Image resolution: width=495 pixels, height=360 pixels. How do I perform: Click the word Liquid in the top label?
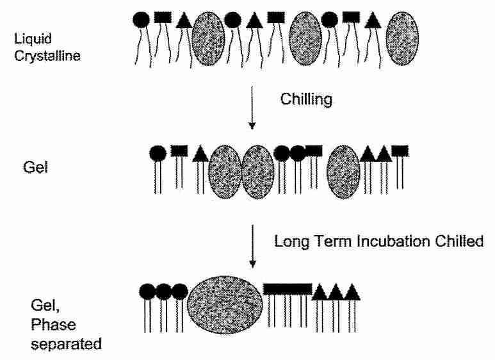(29, 40)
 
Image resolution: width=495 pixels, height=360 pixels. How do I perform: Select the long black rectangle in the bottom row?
(288, 289)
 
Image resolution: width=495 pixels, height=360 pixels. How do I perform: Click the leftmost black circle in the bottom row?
(148, 292)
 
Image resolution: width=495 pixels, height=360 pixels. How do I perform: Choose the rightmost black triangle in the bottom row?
(352, 291)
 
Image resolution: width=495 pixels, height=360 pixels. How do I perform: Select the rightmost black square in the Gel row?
(400, 151)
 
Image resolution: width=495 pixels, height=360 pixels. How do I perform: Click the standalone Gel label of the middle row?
(30, 172)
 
